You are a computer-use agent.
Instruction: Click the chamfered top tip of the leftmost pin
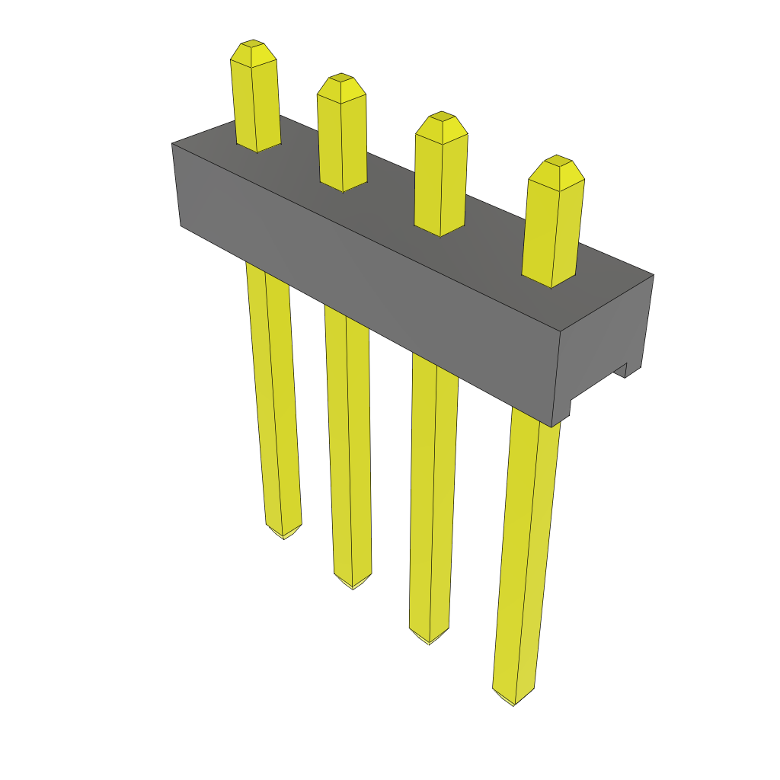tap(253, 53)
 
